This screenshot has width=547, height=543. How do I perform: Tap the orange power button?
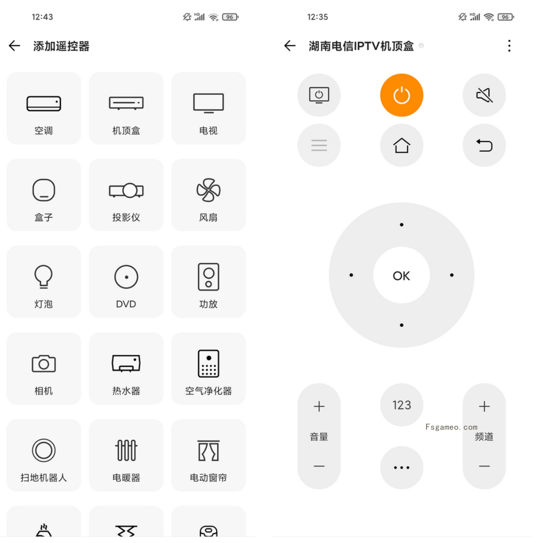401,95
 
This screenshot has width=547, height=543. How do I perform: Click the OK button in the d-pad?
401,275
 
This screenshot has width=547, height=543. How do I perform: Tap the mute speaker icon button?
484,95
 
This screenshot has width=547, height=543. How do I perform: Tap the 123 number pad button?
401,405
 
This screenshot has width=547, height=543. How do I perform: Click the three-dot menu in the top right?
509,46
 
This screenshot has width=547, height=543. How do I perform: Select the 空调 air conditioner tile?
43,108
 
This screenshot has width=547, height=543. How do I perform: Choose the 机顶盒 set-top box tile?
126,108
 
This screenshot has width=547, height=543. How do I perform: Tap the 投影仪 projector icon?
126,190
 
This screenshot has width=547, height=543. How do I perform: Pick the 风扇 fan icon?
208,190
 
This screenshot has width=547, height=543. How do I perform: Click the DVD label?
126,304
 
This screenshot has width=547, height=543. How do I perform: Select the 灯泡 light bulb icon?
43,276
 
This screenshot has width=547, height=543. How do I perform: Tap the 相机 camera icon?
43,363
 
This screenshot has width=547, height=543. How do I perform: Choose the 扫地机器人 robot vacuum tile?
43,455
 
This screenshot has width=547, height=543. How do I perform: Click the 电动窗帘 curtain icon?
208,451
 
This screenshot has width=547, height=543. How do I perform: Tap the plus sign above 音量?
319,406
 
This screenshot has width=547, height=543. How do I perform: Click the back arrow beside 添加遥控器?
15,46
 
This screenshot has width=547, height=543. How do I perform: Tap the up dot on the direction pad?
401,225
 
